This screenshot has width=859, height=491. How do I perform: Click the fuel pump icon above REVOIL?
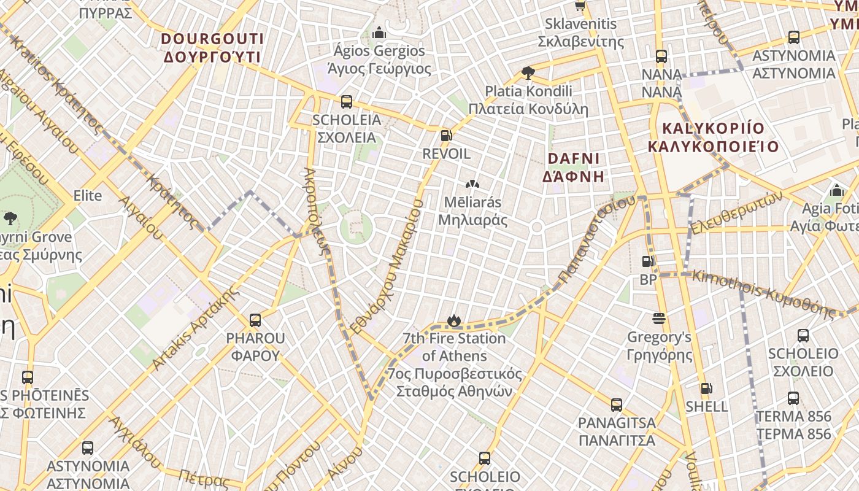(x=446, y=136)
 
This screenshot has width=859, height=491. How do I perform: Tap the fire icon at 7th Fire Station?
(x=454, y=320)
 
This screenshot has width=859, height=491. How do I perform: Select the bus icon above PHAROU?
(x=255, y=320)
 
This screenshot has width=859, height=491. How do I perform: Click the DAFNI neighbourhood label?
(x=573, y=167)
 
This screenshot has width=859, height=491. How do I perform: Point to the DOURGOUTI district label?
(x=212, y=48)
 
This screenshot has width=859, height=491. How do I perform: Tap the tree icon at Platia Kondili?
(x=527, y=73)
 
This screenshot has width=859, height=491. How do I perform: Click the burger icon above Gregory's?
(x=659, y=319)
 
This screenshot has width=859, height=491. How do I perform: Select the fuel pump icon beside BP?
(x=647, y=261)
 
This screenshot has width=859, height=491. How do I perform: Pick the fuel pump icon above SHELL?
(x=707, y=388)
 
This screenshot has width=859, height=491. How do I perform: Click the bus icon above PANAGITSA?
(x=617, y=405)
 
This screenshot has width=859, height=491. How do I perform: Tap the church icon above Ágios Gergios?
(x=379, y=32)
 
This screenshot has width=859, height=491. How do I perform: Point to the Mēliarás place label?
(x=472, y=211)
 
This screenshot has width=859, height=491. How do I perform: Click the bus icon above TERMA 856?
(x=793, y=398)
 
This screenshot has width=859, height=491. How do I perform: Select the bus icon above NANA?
(x=661, y=56)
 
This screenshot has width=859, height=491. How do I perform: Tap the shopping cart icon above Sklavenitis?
(x=580, y=6)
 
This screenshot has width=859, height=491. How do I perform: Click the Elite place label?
(x=88, y=196)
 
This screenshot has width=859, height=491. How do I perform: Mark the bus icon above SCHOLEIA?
(x=347, y=101)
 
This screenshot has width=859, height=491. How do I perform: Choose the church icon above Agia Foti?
(x=836, y=190)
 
